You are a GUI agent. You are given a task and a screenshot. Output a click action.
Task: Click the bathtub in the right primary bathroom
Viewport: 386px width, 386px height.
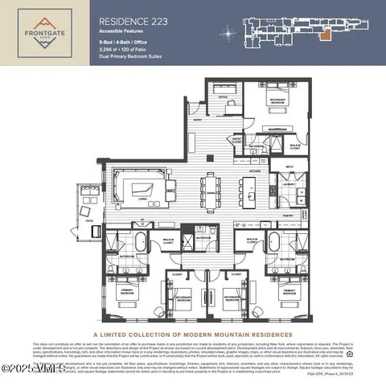277,240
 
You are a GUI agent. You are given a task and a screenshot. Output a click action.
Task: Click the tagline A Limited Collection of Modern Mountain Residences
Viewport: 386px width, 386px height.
193,335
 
